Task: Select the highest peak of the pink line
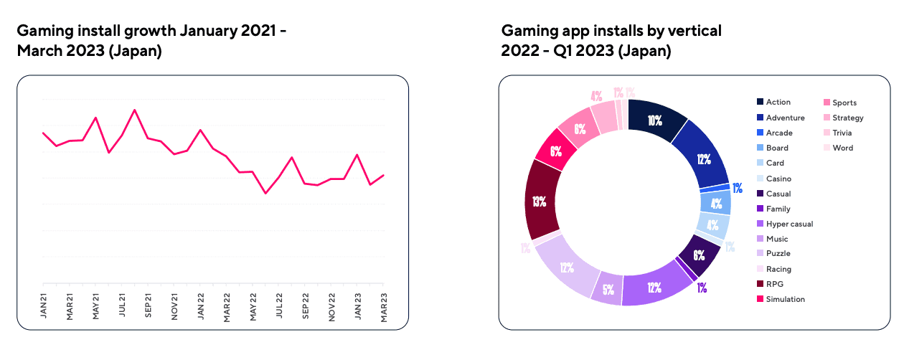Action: (x=135, y=110)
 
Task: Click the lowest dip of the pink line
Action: (x=265, y=193)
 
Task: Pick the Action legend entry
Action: (x=778, y=103)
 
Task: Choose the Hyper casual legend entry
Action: (x=789, y=224)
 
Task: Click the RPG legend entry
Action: (x=774, y=284)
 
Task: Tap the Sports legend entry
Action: (x=844, y=103)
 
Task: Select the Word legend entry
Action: (x=843, y=148)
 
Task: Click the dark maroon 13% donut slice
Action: (x=540, y=200)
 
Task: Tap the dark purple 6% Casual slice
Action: (x=698, y=254)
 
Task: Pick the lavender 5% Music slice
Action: (x=607, y=290)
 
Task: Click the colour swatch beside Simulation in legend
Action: (x=759, y=299)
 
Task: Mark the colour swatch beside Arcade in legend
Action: (x=759, y=133)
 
